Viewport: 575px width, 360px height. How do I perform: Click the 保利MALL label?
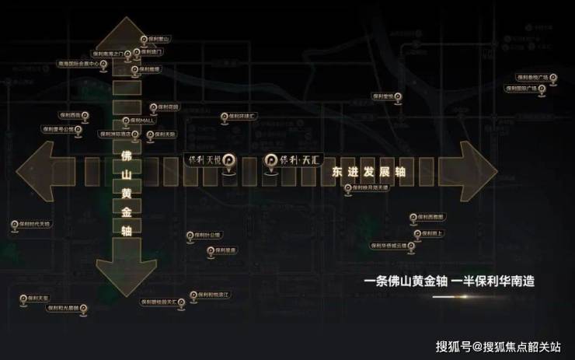(145, 121)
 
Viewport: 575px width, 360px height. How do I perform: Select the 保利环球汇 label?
(246, 114)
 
